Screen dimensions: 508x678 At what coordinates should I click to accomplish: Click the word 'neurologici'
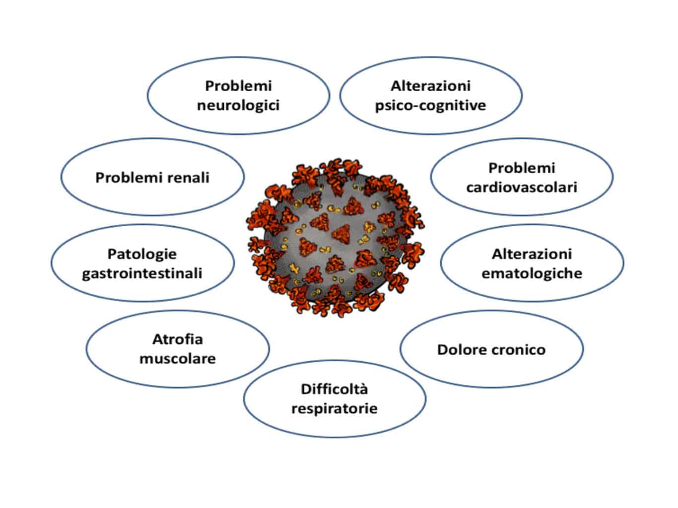[238, 106]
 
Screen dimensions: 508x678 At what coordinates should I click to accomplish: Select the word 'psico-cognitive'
[430, 106]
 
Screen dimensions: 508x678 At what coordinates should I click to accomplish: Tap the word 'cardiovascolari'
[522, 188]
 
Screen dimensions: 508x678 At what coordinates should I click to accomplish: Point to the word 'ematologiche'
[532, 273]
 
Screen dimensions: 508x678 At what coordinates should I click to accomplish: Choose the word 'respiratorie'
[334, 408]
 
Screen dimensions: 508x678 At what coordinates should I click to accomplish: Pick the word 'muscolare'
[178, 358]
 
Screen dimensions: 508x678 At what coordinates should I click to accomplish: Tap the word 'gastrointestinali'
[142, 273]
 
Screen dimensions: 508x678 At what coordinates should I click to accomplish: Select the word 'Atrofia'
[178, 339]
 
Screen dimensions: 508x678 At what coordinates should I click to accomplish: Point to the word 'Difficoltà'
[334, 389]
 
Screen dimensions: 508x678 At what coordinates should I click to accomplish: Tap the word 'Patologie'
[142, 254]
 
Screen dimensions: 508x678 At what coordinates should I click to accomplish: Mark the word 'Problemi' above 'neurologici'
[238, 86]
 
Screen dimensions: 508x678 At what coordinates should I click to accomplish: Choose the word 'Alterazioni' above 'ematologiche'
[532, 254]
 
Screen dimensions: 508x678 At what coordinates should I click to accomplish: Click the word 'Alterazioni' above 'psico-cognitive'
[430, 86]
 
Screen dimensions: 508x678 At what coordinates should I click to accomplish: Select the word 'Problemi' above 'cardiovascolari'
[522, 168]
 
